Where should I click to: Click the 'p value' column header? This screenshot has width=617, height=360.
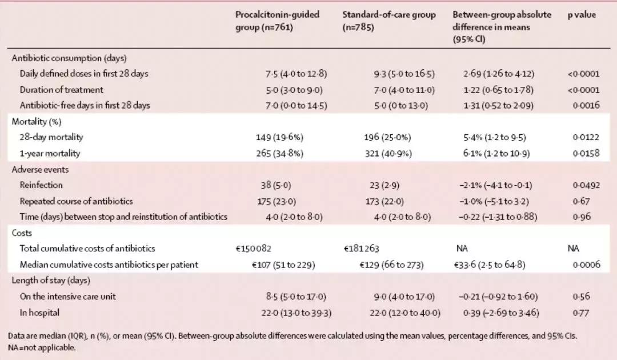pyautogui.click(x=582, y=15)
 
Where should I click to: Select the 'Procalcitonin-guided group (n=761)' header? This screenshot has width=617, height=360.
pyautogui.click(x=278, y=21)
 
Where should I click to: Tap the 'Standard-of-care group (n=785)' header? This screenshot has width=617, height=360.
pyautogui.click(x=388, y=21)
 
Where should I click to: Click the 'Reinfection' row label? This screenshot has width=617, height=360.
pyautogui.click(x=41, y=185)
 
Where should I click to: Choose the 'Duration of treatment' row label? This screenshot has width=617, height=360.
pyautogui.click(x=62, y=90)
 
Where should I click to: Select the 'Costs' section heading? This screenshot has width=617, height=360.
pyautogui.click(x=22, y=233)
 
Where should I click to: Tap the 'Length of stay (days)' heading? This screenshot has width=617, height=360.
pyautogui.click(x=51, y=281)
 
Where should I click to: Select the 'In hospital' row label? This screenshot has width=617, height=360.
pyautogui.click(x=39, y=313)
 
